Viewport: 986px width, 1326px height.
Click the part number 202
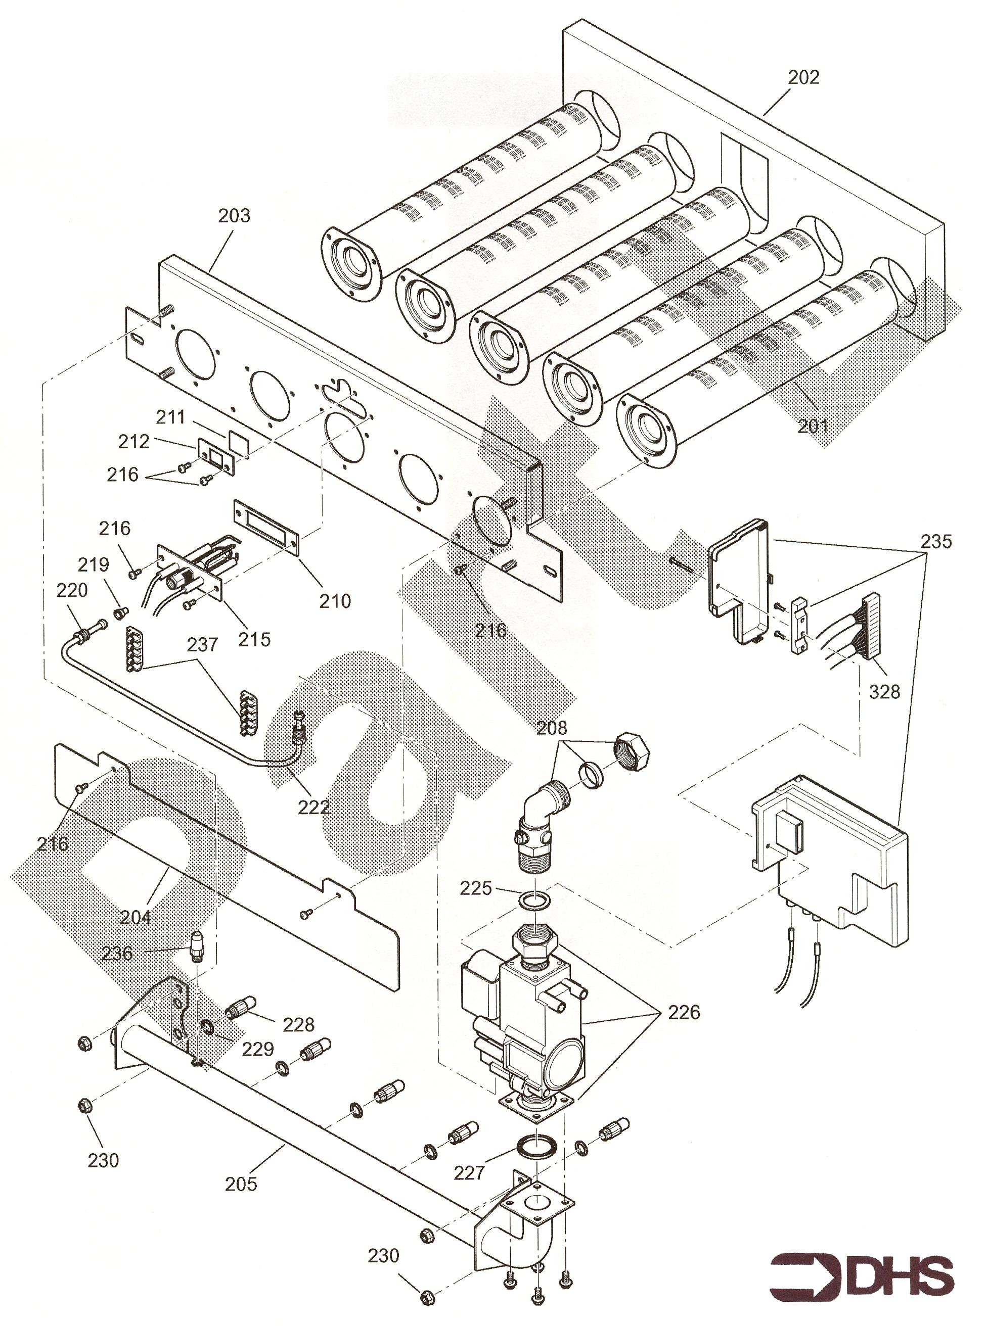[x=803, y=77]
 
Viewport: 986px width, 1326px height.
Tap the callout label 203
[x=234, y=215]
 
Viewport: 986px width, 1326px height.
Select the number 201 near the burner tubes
[x=813, y=426]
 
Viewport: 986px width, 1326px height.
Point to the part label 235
[x=936, y=542]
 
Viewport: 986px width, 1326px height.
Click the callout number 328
[x=884, y=691]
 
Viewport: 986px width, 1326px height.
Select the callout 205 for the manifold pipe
[x=241, y=1183]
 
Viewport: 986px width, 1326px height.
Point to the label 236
[x=117, y=953]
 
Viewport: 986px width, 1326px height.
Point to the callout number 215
[x=254, y=639]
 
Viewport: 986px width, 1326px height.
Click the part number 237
[x=202, y=645]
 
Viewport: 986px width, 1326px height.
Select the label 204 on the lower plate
[x=136, y=916]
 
